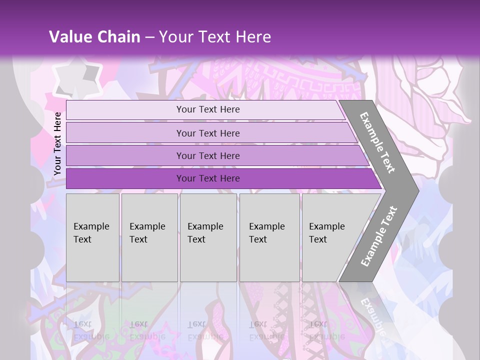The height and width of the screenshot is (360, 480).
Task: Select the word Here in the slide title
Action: point(253,37)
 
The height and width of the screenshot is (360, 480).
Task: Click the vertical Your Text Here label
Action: point(57,143)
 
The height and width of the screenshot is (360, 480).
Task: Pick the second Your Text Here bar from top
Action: point(207,133)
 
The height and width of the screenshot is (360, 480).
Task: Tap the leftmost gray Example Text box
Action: point(92,237)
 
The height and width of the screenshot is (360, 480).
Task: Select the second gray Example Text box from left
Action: point(149,237)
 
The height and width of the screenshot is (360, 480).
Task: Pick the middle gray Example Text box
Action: point(208,237)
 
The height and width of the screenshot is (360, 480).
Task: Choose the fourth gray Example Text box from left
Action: point(269,237)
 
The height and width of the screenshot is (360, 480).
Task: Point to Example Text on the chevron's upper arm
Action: point(377,142)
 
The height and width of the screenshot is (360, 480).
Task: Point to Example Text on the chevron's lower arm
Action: point(378,236)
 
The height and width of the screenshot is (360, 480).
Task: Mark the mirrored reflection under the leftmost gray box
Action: point(92,320)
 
